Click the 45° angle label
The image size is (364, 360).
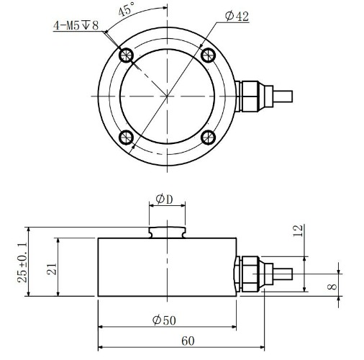(127, 9)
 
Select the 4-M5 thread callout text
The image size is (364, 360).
(76, 25)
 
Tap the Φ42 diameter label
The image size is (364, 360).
(237, 17)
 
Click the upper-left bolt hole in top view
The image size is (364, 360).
(126, 55)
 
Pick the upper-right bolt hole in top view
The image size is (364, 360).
(208, 55)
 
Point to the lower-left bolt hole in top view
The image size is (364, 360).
(126, 138)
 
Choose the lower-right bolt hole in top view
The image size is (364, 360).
(208, 138)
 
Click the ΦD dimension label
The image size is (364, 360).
(164, 199)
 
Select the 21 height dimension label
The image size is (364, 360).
(52, 269)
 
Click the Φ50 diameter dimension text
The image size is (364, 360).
(164, 320)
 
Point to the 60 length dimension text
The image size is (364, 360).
(188, 341)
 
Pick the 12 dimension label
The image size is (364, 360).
(299, 231)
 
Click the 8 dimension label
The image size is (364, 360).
(332, 287)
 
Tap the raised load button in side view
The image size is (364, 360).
(167, 233)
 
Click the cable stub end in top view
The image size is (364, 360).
(283, 96)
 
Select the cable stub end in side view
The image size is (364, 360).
(283, 274)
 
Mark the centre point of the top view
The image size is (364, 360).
(167, 96)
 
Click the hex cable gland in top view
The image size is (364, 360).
(250, 96)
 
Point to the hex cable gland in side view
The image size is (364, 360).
(250, 274)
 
